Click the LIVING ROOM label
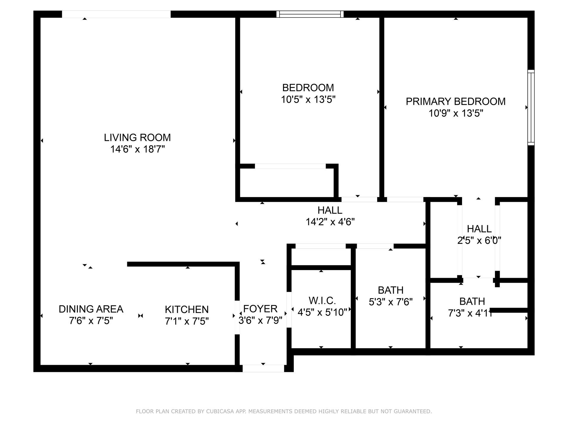[x=137, y=138]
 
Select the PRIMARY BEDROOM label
[x=456, y=101]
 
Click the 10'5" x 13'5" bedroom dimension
[x=308, y=100]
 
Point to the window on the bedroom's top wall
[x=310, y=14]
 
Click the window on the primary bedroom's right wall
[x=531, y=107]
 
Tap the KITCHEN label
[x=187, y=309]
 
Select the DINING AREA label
[x=91, y=309]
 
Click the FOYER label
[x=260, y=309]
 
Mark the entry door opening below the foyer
[x=263, y=368]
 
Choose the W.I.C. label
[x=322, y=301]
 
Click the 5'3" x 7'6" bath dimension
[x=390, y=302]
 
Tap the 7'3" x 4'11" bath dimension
[x=470, y=313]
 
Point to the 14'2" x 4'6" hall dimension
[x=330, y=222]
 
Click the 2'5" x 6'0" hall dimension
[x=479, y=241]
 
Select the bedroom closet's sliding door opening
[x=290, y=166]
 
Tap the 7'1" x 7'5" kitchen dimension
[x=187, y=321]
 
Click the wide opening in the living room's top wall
[x=116, y=14]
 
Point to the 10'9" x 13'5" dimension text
[x=456, y=113]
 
